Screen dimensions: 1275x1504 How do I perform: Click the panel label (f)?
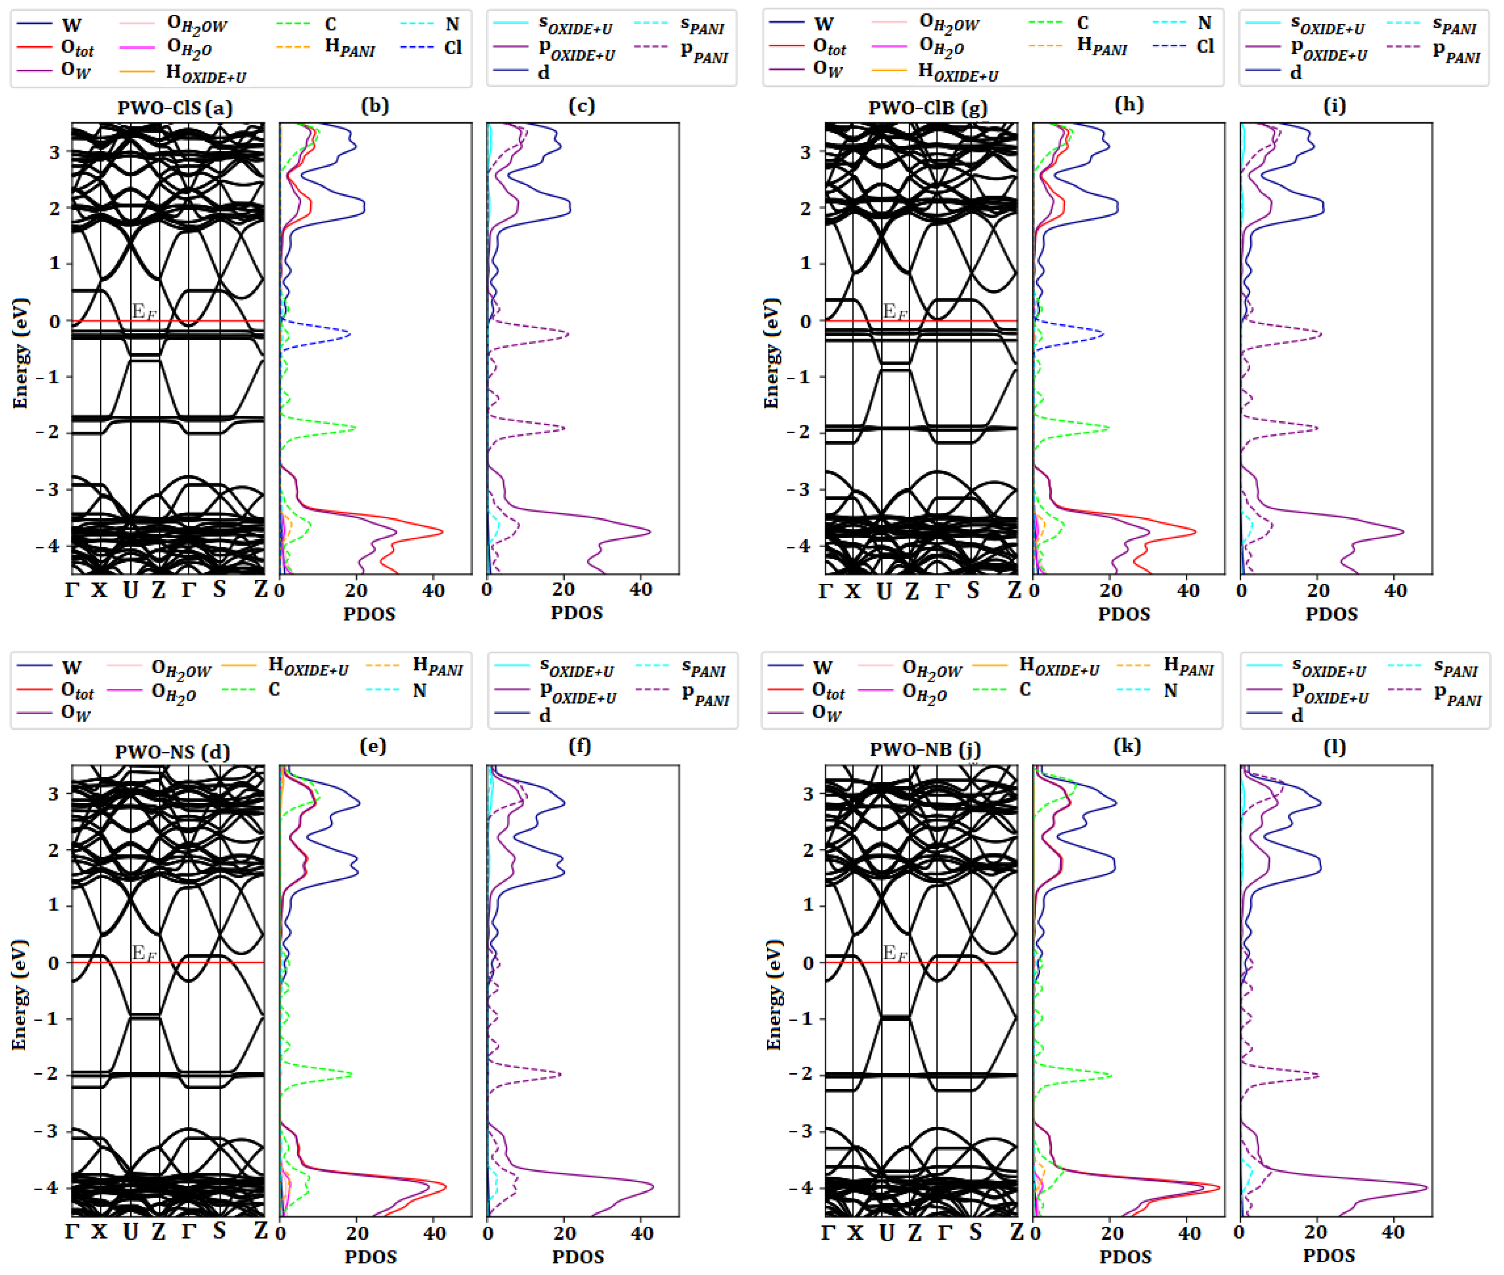580,746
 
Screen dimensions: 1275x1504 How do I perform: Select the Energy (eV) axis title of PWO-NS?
20,995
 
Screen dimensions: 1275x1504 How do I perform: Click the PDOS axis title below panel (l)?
1330,1255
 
